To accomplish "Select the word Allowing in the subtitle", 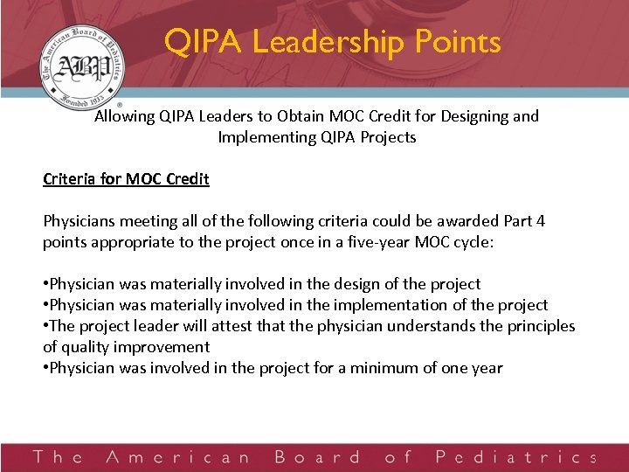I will pos(123,116).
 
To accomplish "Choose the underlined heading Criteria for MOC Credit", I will pos(126,179).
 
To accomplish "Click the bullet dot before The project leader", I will pos(45,326).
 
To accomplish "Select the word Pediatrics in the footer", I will pos(515,457).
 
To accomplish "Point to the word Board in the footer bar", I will pos(316,457).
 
